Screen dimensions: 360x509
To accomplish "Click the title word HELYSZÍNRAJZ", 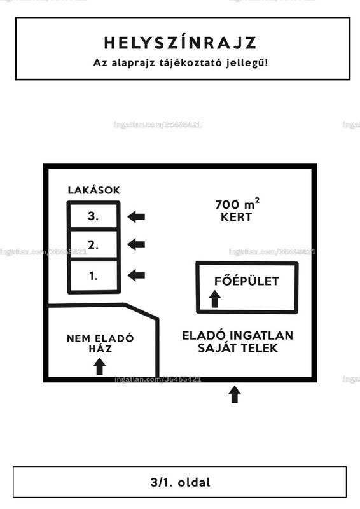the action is pos(180,43).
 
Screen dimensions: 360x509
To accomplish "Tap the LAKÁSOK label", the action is pos(93,190).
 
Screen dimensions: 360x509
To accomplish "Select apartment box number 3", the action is pos(93,215).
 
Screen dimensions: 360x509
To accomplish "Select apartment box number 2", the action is pos(93,244).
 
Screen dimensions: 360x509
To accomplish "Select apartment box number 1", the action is pos(93,276).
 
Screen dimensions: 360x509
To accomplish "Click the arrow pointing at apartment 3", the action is pos(136,216).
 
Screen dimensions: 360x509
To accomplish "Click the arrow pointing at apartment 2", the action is pos(136,244).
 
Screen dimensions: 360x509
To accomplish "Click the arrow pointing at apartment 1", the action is pos(136,275).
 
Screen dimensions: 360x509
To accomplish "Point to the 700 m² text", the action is pos(237,204).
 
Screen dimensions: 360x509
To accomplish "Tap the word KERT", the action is pos(237,217).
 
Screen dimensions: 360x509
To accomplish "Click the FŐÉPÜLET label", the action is pos(247,281).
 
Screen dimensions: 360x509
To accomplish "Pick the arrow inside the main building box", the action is pos(214,299).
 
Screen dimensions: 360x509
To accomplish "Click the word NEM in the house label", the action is pos(78,338).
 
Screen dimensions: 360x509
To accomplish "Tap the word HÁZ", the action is pos(100,349).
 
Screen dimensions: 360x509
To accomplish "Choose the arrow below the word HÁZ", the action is pos(100,366).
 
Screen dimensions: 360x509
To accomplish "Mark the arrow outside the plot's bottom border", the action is pos(235,394).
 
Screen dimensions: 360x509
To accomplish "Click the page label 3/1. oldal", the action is pos(180,482).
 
